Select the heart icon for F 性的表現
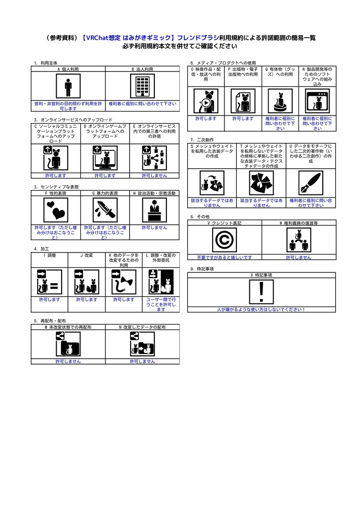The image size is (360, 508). [x=55, y=210]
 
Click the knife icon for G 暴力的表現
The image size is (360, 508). [x=105, y=210]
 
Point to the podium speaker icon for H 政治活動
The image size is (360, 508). [x=154, y=210]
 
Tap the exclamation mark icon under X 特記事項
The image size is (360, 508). [x=261, y=292]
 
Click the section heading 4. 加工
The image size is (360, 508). [x=41, y=248]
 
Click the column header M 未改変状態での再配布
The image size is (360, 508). [x=68, y=327]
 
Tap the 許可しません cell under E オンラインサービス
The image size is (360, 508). [x=154, y=176]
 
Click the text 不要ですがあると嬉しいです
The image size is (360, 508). [x=224, y=257]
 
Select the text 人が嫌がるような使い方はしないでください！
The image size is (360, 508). [x=261, y=310]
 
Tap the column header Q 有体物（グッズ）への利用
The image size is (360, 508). [x=280, y=74]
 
